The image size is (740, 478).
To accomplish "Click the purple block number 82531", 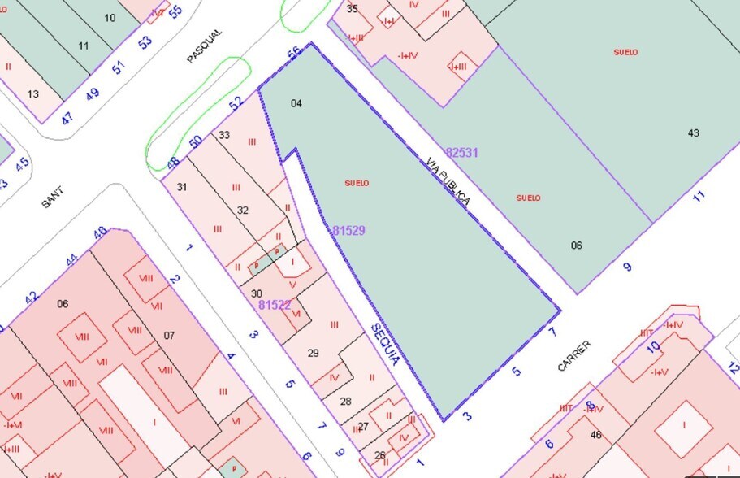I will coord(461,152).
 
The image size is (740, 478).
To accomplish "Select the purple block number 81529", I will coord(348,231).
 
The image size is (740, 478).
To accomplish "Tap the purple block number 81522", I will coord(275,305).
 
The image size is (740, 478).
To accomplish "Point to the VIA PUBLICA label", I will coord(448,181).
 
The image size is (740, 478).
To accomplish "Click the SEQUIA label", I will coord(384,344).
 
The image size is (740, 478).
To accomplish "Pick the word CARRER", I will coord(574,356).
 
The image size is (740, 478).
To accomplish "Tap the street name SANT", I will coord(53,198).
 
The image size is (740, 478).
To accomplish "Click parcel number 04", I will coord(296,103).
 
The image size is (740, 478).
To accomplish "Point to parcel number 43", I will coord(693,133).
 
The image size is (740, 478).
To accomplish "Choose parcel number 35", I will coord(352,9).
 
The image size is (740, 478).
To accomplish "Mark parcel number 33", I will coord(224,135).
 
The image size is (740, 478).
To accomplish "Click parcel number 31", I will coord(182,187).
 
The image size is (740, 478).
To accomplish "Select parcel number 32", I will coord(242,210).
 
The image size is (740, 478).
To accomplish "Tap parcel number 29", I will coord(314,353).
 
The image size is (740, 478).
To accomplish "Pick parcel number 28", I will coord(345,402).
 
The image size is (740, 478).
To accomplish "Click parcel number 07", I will coord(169,335).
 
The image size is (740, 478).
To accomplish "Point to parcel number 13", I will coord(33,94).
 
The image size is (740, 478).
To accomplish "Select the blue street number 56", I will coord(294,54).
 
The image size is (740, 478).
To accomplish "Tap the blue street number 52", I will coord(236,103).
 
